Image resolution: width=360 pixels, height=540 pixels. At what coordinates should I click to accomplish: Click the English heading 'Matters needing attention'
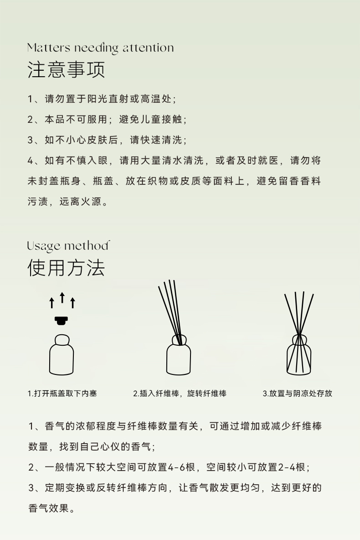(101, 48)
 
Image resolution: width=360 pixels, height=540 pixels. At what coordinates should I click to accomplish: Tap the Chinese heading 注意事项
(66, 69)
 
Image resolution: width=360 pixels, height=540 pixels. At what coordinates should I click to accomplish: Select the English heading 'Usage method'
(68, 246)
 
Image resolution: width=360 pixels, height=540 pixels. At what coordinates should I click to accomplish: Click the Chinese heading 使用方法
(66, 268)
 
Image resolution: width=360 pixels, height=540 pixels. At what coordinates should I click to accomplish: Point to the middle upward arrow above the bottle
(62, 297)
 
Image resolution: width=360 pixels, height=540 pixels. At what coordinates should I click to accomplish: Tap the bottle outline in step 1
(62, 355)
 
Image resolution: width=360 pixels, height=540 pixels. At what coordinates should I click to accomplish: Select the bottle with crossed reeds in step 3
(299, 355)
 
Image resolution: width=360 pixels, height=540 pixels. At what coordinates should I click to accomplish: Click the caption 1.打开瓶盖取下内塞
(62, 393)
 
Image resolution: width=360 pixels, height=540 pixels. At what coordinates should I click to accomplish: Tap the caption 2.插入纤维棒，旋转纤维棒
(180, 393)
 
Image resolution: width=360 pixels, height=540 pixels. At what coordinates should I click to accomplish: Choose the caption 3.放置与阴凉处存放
(298, 393)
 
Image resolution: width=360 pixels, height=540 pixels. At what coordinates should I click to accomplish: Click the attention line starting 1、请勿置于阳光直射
(102, 99)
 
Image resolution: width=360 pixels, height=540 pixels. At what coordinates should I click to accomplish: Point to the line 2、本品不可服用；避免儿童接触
(108, 119)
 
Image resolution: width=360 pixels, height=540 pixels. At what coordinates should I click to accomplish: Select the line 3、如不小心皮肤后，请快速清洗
(108, 140)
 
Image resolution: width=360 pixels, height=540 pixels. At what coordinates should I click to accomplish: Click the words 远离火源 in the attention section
(81, 202)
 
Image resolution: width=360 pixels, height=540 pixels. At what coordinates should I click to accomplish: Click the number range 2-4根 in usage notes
(292, 467)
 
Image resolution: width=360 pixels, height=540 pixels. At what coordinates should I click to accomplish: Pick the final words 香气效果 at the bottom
(48, 509)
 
